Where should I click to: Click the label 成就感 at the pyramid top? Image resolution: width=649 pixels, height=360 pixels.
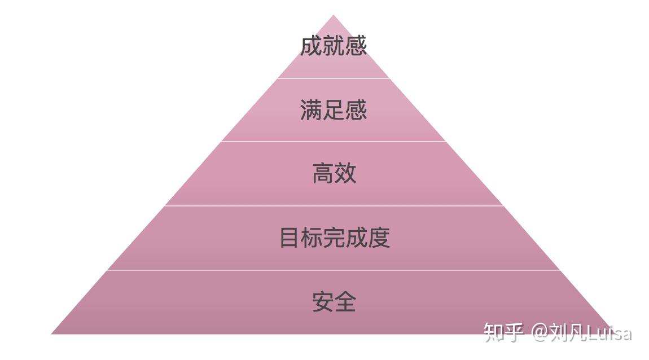[333, 46]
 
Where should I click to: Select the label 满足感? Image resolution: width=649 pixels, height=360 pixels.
[333, 109]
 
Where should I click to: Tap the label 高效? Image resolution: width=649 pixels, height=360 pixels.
[334, 173]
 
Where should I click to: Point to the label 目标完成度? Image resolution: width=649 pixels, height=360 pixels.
[334, 238]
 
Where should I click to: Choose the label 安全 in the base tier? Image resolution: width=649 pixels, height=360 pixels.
[334, 301]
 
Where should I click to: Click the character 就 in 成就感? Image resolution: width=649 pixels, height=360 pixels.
[333, 46]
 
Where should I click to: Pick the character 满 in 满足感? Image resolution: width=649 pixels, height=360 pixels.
[311, 109]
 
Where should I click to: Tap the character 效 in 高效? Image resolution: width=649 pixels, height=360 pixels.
[345, 173]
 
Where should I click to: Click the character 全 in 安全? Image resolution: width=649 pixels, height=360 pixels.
[345, 301]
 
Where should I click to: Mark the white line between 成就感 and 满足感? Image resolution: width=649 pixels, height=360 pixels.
[333, 78]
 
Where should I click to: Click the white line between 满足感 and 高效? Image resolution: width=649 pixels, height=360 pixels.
[333, 142]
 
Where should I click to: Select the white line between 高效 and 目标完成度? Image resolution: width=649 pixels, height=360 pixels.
[333, 206]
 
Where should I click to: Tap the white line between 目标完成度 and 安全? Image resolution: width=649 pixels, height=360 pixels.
[333, 270]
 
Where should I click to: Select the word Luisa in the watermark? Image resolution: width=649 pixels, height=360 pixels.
[609, 333]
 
